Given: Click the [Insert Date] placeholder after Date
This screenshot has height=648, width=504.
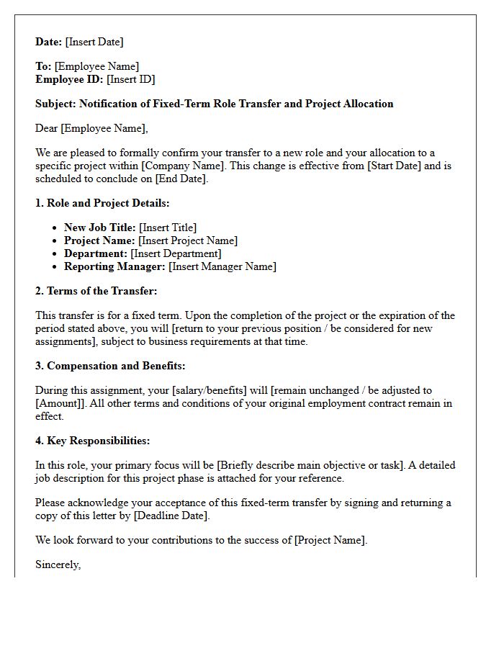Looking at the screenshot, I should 94,42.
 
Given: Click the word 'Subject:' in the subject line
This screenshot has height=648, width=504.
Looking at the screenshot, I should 55,104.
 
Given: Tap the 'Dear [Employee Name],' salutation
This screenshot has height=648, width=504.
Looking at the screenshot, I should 91,128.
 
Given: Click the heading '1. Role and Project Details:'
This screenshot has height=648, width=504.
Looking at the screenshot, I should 102,203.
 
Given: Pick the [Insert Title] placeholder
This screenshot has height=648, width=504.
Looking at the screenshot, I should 168,228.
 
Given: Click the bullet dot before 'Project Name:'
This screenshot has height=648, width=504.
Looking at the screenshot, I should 56,241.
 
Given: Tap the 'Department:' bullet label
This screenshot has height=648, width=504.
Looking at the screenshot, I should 96,253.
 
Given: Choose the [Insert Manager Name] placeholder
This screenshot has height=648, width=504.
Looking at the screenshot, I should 222,266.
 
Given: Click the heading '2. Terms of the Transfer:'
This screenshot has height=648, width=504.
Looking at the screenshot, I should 96,291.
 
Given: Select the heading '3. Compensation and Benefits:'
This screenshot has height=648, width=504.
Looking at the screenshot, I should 110,366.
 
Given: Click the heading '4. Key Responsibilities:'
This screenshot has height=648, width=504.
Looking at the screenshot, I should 92,441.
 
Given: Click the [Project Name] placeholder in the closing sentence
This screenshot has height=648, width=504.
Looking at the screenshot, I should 330,540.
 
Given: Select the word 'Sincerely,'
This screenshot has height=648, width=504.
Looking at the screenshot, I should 58,564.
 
